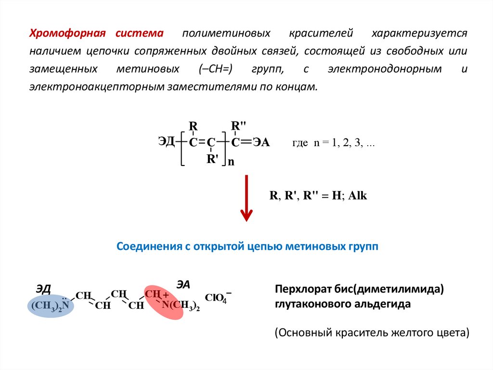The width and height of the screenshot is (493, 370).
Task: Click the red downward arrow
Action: [246, 198]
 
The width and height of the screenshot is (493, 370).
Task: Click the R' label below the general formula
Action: [212, 159]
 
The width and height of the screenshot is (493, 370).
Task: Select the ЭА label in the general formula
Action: [261, 142]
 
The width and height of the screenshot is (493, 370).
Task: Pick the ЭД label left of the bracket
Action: [167, 141]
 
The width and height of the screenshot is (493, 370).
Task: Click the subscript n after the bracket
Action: [231, 162]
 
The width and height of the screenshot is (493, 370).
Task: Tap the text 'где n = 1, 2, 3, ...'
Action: [334, 144]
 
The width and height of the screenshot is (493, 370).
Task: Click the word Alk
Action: [358, 196]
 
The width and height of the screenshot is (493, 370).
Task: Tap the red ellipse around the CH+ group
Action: [165, 301]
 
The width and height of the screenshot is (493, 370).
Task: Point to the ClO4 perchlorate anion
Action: [218, 298]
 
